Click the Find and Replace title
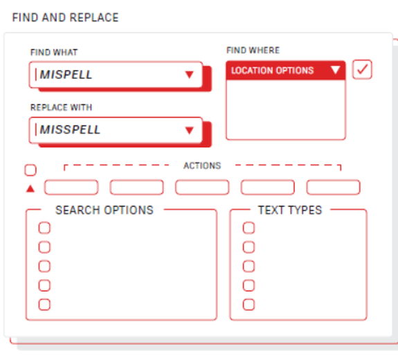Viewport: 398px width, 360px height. tap(66, 17)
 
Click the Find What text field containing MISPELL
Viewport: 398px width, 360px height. tap(116, 75)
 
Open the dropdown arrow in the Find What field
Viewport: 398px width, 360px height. tap(190, 75)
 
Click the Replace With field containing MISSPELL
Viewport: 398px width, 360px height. tap(116, 130)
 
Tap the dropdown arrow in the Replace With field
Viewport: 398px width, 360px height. tap(190, 130)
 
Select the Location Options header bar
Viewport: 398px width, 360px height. tap(286, 71)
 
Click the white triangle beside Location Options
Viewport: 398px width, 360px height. tap(335, 70)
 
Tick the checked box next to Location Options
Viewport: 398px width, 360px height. tap(362, 69)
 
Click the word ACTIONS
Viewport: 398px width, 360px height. tap(202, 165)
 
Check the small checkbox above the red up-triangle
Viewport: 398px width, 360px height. tap(30, 170)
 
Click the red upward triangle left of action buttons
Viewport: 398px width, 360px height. tap(30, 188)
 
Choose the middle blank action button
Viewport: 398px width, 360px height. tap(202, 188)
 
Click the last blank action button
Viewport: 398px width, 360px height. tap(333, 188)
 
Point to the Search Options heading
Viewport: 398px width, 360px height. tap(105, 210)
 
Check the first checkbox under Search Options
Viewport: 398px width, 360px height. tap(44, 228)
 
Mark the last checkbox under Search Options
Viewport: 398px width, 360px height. tap(44, 305)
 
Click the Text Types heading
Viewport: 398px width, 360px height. tap(290, 210)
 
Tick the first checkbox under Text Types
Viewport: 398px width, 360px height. tap(248, 228)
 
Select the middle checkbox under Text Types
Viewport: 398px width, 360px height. tap(248, 267)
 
